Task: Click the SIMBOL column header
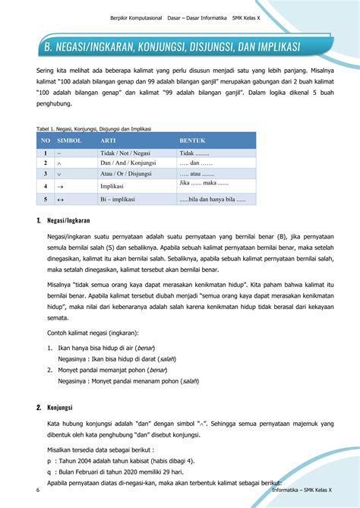click(69, 141)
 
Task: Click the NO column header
click(46, 141)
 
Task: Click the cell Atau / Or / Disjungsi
click(128, 174)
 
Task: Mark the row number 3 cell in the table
click(46, 174)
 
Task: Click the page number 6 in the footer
click(37, 491)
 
